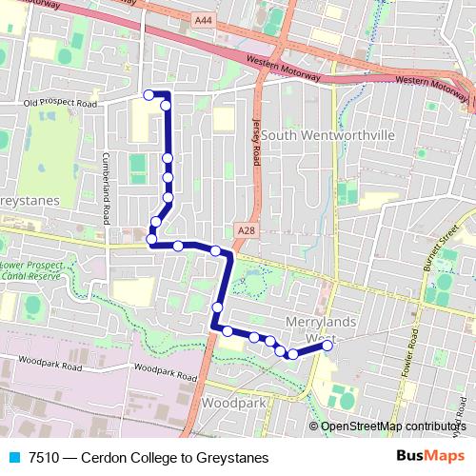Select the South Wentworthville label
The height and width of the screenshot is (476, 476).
pyautogui.click(x=327, y=135)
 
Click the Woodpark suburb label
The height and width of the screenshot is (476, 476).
pyautogui.click(x=235, y=403)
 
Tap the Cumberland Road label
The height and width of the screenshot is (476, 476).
pyautogui.click(x=107, y=187)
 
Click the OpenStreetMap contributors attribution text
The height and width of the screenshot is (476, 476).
pyautogui.click(x=394, y=426)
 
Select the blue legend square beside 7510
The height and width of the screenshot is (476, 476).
pyautogui.click(x=12, y=458)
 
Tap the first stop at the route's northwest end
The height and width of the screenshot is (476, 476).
pyautogui.click(x=149, y=93)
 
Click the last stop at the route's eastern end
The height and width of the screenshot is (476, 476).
pyautogui.click(x=327, y=346)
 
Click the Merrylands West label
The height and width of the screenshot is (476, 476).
pyautogui.click(x=319, y=329)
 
